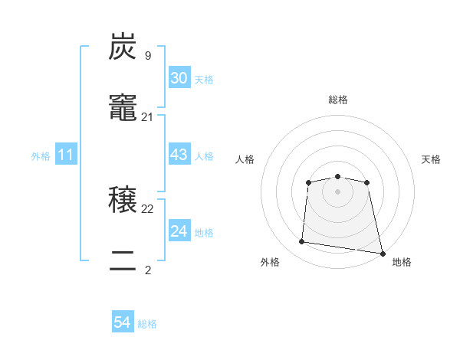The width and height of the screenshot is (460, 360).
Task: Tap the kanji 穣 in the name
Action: click(x=123, y=200)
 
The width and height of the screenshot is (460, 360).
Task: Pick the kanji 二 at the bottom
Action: click(x=123, y=262)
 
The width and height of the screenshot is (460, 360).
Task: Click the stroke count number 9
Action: click(x=147, y=55)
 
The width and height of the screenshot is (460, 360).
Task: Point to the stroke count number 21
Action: click(x=148, y=117)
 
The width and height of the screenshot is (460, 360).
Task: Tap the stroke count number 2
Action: click(x=147, y=270)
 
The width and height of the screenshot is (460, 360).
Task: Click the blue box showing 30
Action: click(x=179, y=78)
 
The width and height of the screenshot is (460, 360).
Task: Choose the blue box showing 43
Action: click(x=179, y=155)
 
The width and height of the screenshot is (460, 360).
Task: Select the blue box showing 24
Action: click(x=179, y=231)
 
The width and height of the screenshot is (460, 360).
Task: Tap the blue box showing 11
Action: click(x=65, y=155)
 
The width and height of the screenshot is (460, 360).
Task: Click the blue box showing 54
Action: click(x=122, y=322)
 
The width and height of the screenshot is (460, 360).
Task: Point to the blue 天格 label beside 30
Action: click(x=203, y=80)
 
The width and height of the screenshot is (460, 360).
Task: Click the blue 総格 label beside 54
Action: click(x=147, y=324)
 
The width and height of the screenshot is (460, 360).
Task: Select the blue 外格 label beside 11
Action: click(x=41, y=156)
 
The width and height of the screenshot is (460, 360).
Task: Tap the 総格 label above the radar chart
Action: click(x=337, y=100)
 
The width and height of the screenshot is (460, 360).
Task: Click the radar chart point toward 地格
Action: click(x=381, y=252)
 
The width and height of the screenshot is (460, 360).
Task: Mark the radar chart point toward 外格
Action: click(x=302, y=242)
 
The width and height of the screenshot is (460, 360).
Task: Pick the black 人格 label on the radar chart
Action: click(x=245, y=159)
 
